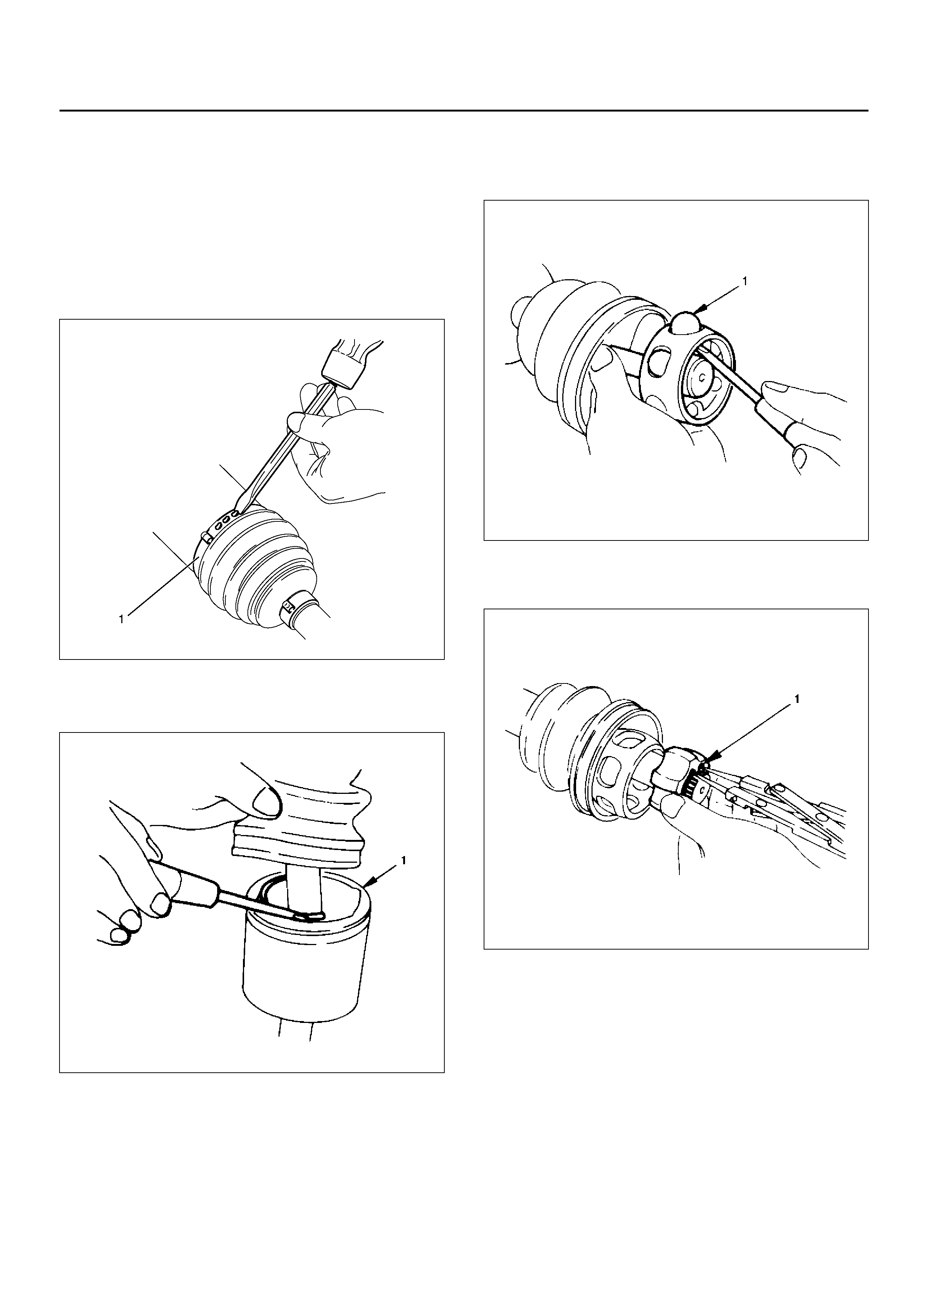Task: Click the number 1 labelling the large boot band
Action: [x=122, y=619]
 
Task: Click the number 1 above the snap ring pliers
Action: [x=797, y=699]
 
